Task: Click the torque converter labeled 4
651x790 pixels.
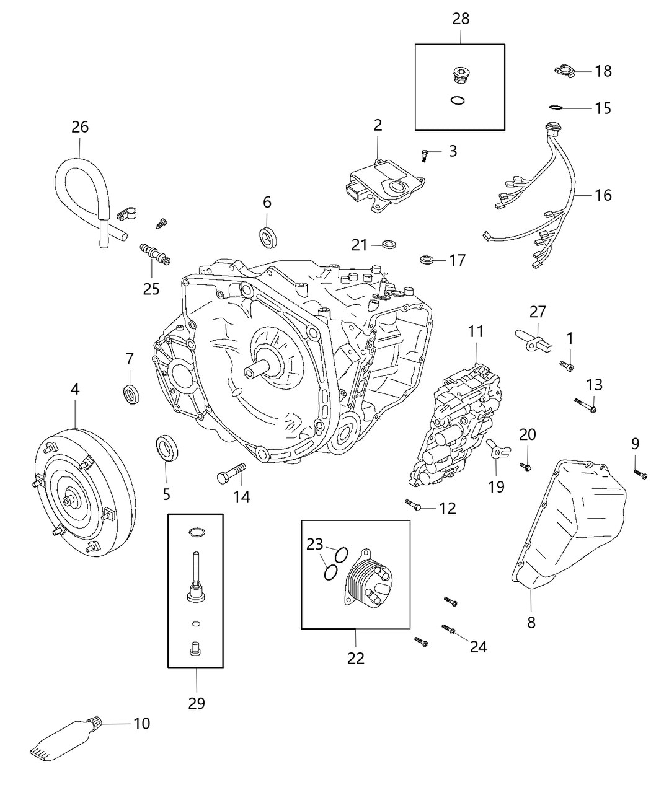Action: [x=84, y=489]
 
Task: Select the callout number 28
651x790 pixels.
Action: [x=460, y=19]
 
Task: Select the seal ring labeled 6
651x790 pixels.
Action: [x=268, y=237]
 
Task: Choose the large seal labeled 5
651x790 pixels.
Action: [x=166, y=448]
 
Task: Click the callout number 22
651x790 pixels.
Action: [x=356, y=658]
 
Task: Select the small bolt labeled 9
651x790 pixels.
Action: [x=640, y=474]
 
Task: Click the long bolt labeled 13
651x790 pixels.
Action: [x=585, y=405]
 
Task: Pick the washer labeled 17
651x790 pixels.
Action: [x=427, y=258]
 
